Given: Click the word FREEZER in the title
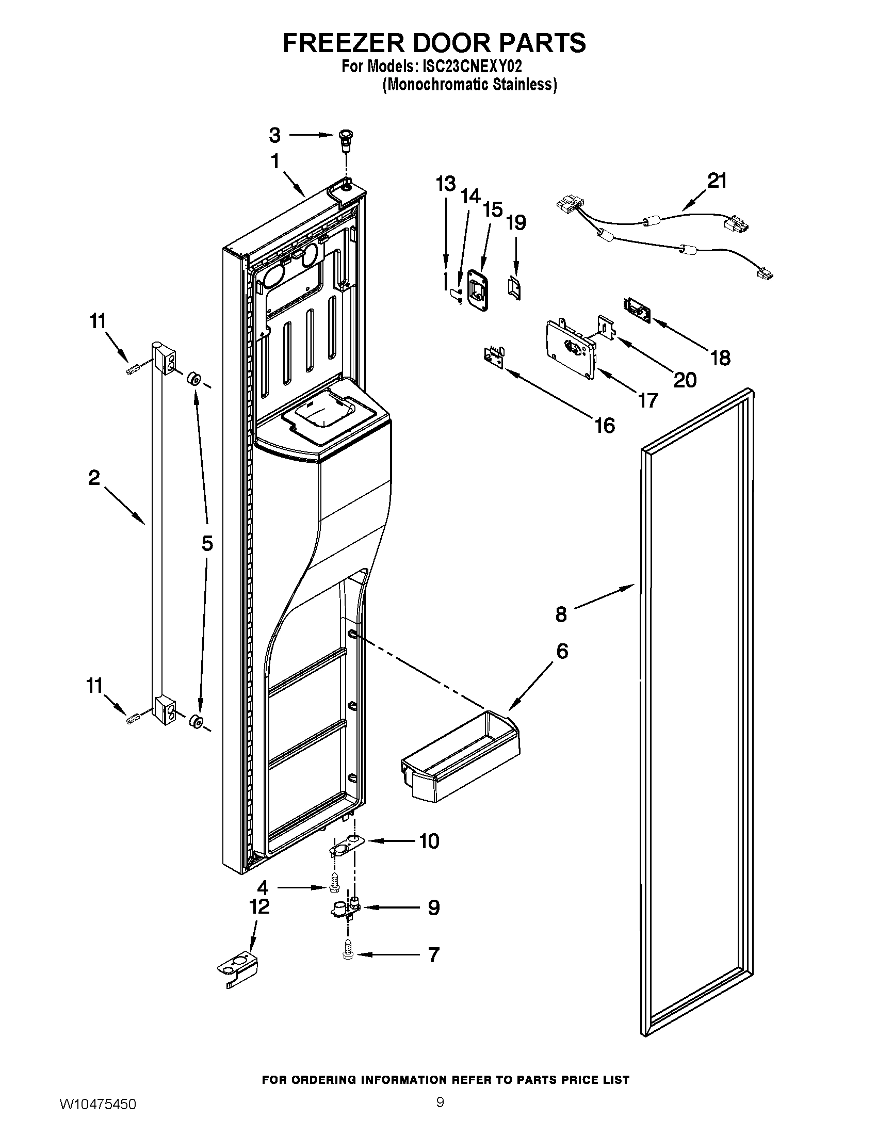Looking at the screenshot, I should [x=343, y=43].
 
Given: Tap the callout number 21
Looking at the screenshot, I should [x=717, y=181].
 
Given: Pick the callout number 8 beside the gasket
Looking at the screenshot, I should [x=561, y=614].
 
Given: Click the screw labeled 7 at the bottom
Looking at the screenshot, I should [x=348, y=954].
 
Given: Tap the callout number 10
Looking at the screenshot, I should [x=429, y=841].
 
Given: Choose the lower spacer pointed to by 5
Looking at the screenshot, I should [x=196, y=721].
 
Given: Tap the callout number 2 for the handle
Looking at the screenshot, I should [x=93, y=478].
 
